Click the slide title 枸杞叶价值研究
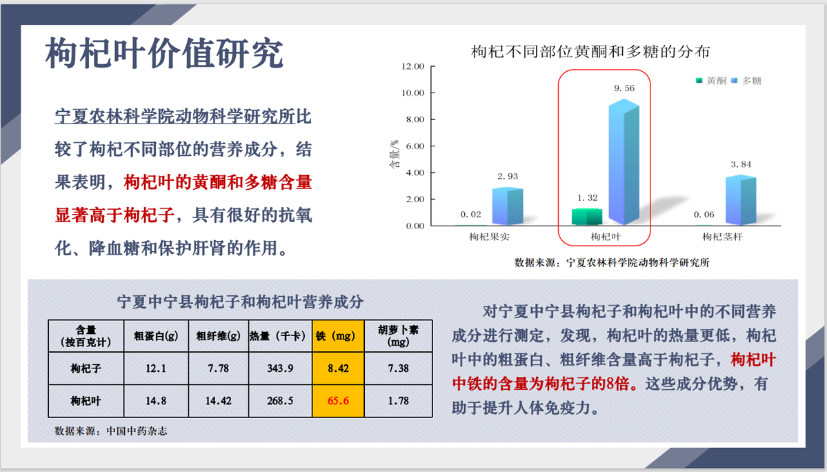[165, 54]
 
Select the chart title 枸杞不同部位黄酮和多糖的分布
[590, 52]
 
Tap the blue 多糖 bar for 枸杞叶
[624, 162]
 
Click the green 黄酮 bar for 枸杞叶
[587, 216]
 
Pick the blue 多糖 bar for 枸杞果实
[508, 206]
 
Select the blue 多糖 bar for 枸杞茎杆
[741, 200]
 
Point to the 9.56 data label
[624, 88]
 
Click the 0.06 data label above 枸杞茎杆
[704, 215]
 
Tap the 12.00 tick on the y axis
[412, 66]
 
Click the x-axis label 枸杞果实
[490, 237]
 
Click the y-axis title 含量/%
[394, 155]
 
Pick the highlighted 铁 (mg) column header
[338, 336]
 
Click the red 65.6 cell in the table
[338, 401]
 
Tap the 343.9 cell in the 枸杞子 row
[280, 368]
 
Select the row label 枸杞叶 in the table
[86, 401]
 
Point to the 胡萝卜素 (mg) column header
[398, 336]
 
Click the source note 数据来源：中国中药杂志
[111, 431]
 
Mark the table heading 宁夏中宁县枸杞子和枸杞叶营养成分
[240, 302]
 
